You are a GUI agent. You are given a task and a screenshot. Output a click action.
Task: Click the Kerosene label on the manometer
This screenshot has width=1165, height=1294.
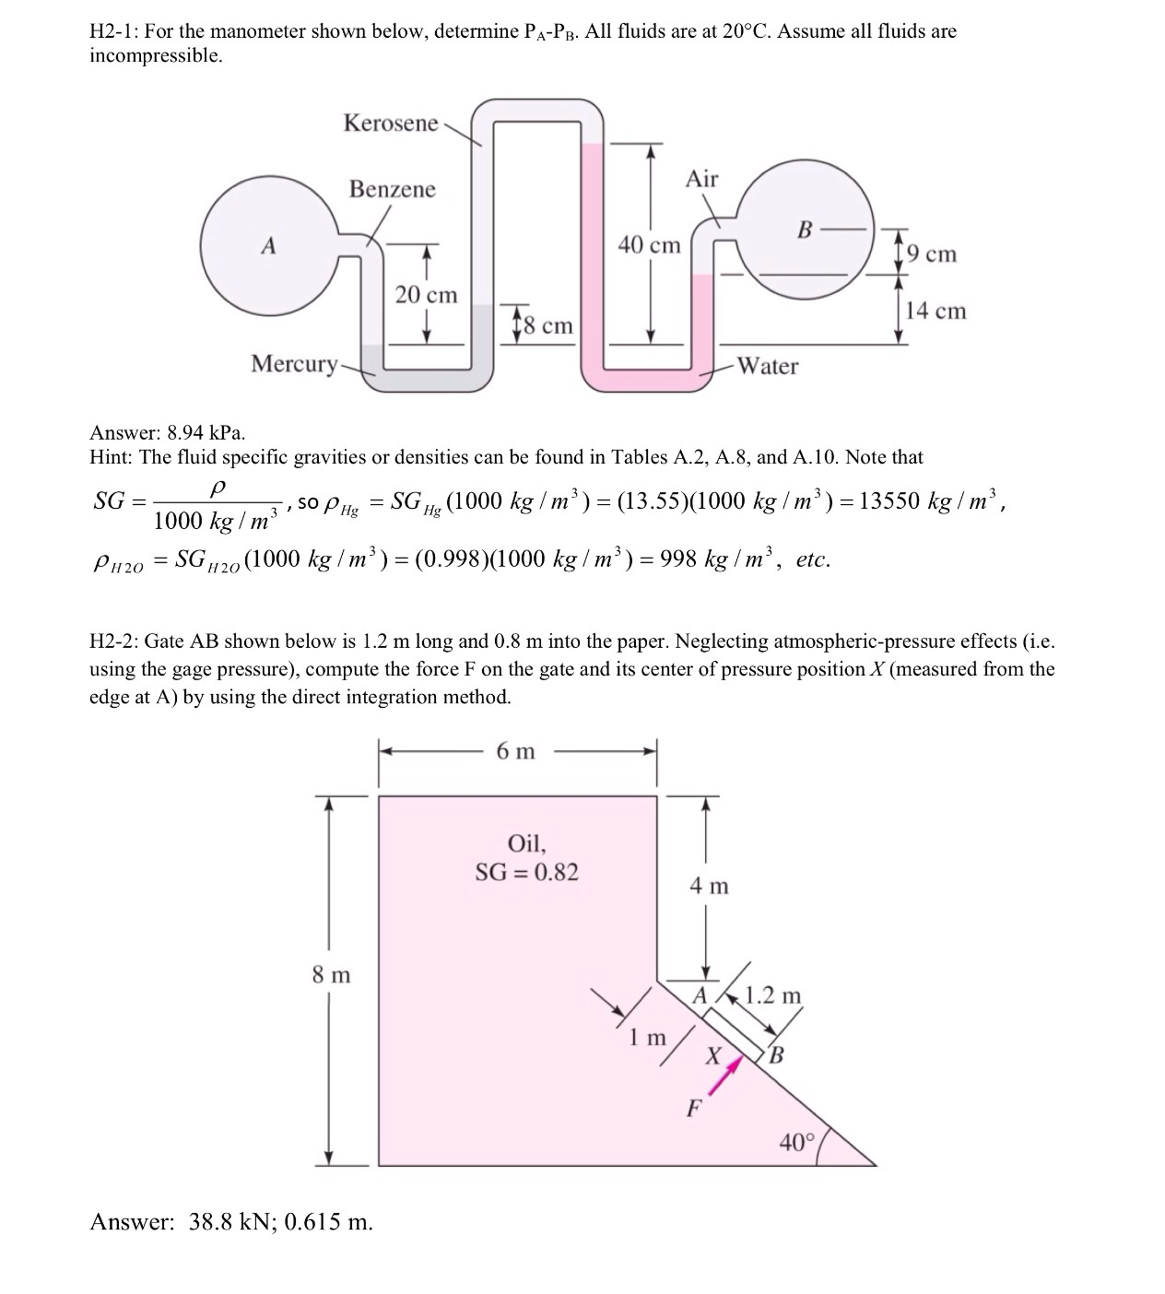click(x=391, y=124)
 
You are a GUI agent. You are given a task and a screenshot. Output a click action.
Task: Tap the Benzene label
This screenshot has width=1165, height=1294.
click(x=392, y=189)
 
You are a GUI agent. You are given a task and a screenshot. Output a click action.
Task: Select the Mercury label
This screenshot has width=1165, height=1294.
click(x=295, y=364)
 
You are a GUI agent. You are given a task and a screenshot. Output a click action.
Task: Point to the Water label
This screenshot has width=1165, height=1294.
click(x=769, y=366)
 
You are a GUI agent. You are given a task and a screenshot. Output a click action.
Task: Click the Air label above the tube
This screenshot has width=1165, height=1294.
click(x=701, y=179)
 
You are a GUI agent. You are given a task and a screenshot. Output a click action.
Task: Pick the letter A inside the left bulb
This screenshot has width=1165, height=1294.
click(x=268, y=246)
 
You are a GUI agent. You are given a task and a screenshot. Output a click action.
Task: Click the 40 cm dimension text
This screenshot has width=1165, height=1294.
click(x=649, y=245)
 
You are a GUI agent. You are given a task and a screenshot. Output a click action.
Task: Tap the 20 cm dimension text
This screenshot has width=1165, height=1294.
click(x=426, y=295)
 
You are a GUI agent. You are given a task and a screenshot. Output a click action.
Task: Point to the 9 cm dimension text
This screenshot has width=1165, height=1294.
click(x=932, y=253)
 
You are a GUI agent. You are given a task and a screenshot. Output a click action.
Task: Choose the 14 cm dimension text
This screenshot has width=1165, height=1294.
click(x=936, y=311)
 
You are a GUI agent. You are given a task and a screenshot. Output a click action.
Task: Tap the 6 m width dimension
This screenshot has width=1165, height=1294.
click(x=515, y=751)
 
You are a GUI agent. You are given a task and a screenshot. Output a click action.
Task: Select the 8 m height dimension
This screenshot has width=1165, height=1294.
click(x=332, y=974)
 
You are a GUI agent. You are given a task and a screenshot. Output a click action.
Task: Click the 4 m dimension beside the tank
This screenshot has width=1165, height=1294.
click(x=709, y=887)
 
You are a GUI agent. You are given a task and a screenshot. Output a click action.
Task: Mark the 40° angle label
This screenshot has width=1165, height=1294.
click(x=797, y=1143)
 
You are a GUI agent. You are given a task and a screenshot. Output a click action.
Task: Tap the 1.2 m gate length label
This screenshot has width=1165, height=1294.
click(x=773, y=995)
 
